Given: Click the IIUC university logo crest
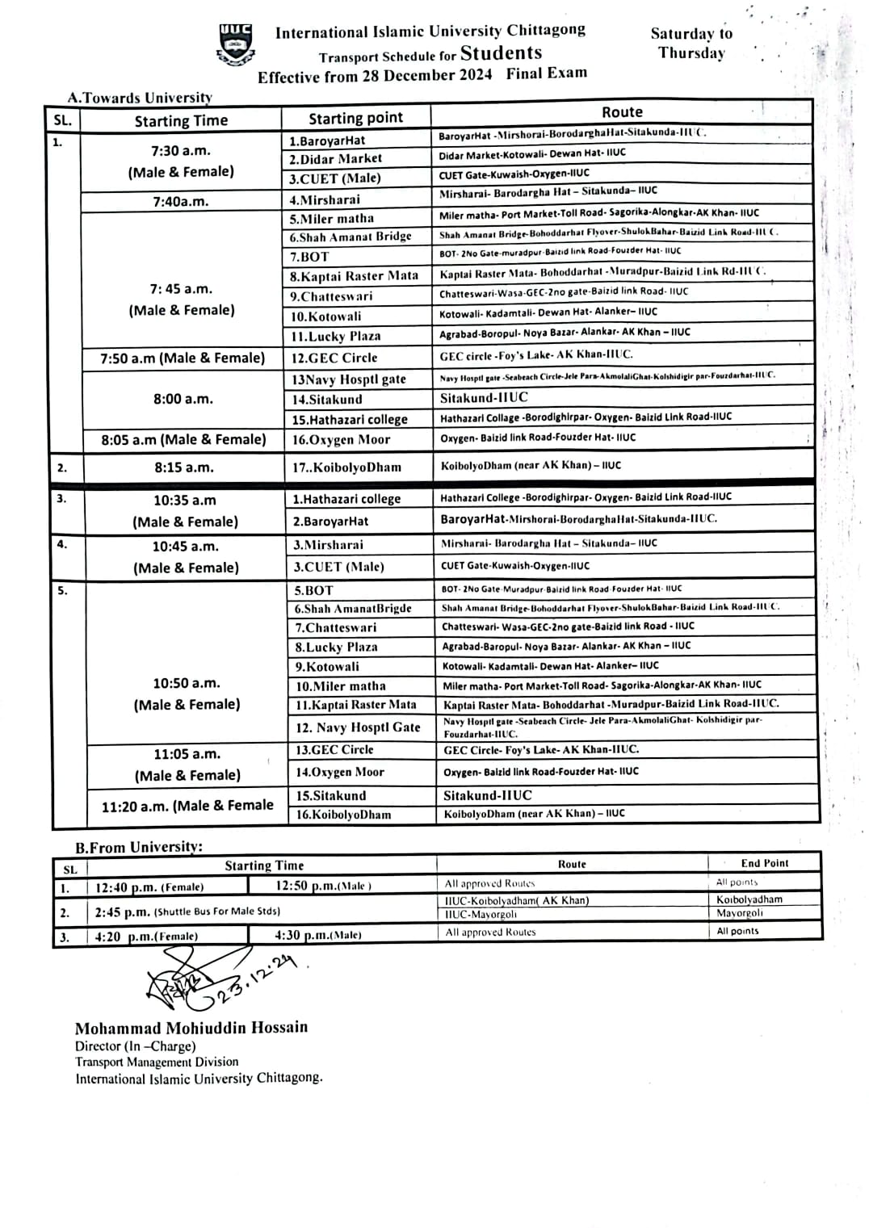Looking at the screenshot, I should click(x=236, y=44).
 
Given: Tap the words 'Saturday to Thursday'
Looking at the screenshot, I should click(x=691, y=44).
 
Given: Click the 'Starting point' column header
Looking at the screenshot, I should click(x=355, y=118).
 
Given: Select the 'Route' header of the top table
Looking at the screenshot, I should click(x=622, y=112).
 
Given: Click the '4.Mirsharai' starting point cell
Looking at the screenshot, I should click(x=325, y=199).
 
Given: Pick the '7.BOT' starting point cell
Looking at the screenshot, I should click(x=310, y=257).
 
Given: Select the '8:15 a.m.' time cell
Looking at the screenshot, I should click(x=184, y=467).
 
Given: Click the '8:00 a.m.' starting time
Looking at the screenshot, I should click(x=183, y=399).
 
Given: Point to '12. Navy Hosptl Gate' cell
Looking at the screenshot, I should click(x=358, y=727).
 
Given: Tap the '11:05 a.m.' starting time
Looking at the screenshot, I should click(x=187, y=754).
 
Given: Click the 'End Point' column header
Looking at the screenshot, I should click(x=764, y=863).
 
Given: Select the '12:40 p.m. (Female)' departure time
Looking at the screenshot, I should click(x=149, y=886).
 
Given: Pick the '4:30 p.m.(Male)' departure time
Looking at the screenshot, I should click(x=318, y=935).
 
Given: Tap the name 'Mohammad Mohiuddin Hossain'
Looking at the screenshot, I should click(x=191, y=1028).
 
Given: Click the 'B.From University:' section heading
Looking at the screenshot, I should click(x=139, y=847).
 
